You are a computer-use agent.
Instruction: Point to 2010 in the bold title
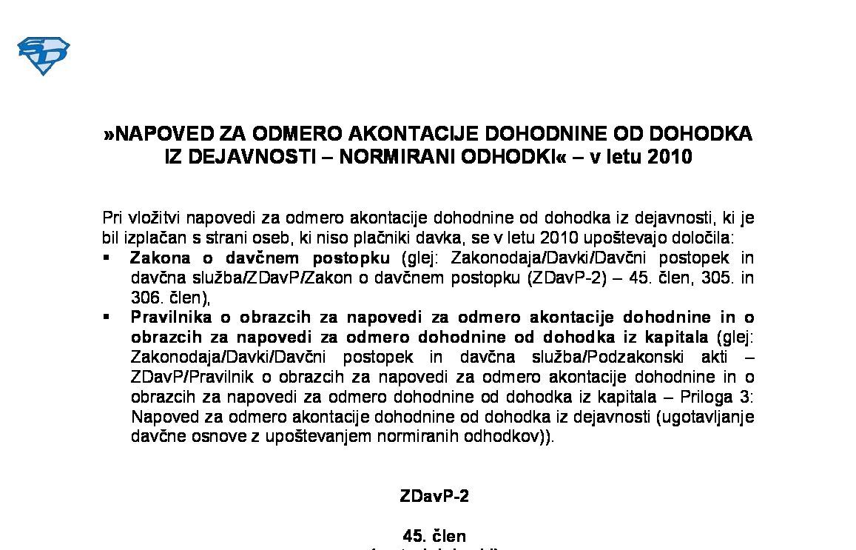pyautogui.click(x=669, y=157)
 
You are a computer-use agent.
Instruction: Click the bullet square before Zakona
pyautogui.click(x=107, y=258)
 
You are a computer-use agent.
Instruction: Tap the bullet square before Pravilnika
pyautogui.click(x=107, y=317)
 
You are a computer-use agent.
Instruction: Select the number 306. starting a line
pyautogui.click(x=146, y=298)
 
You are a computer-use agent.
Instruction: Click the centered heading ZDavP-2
pyautogui.click(x=434, y=497)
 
